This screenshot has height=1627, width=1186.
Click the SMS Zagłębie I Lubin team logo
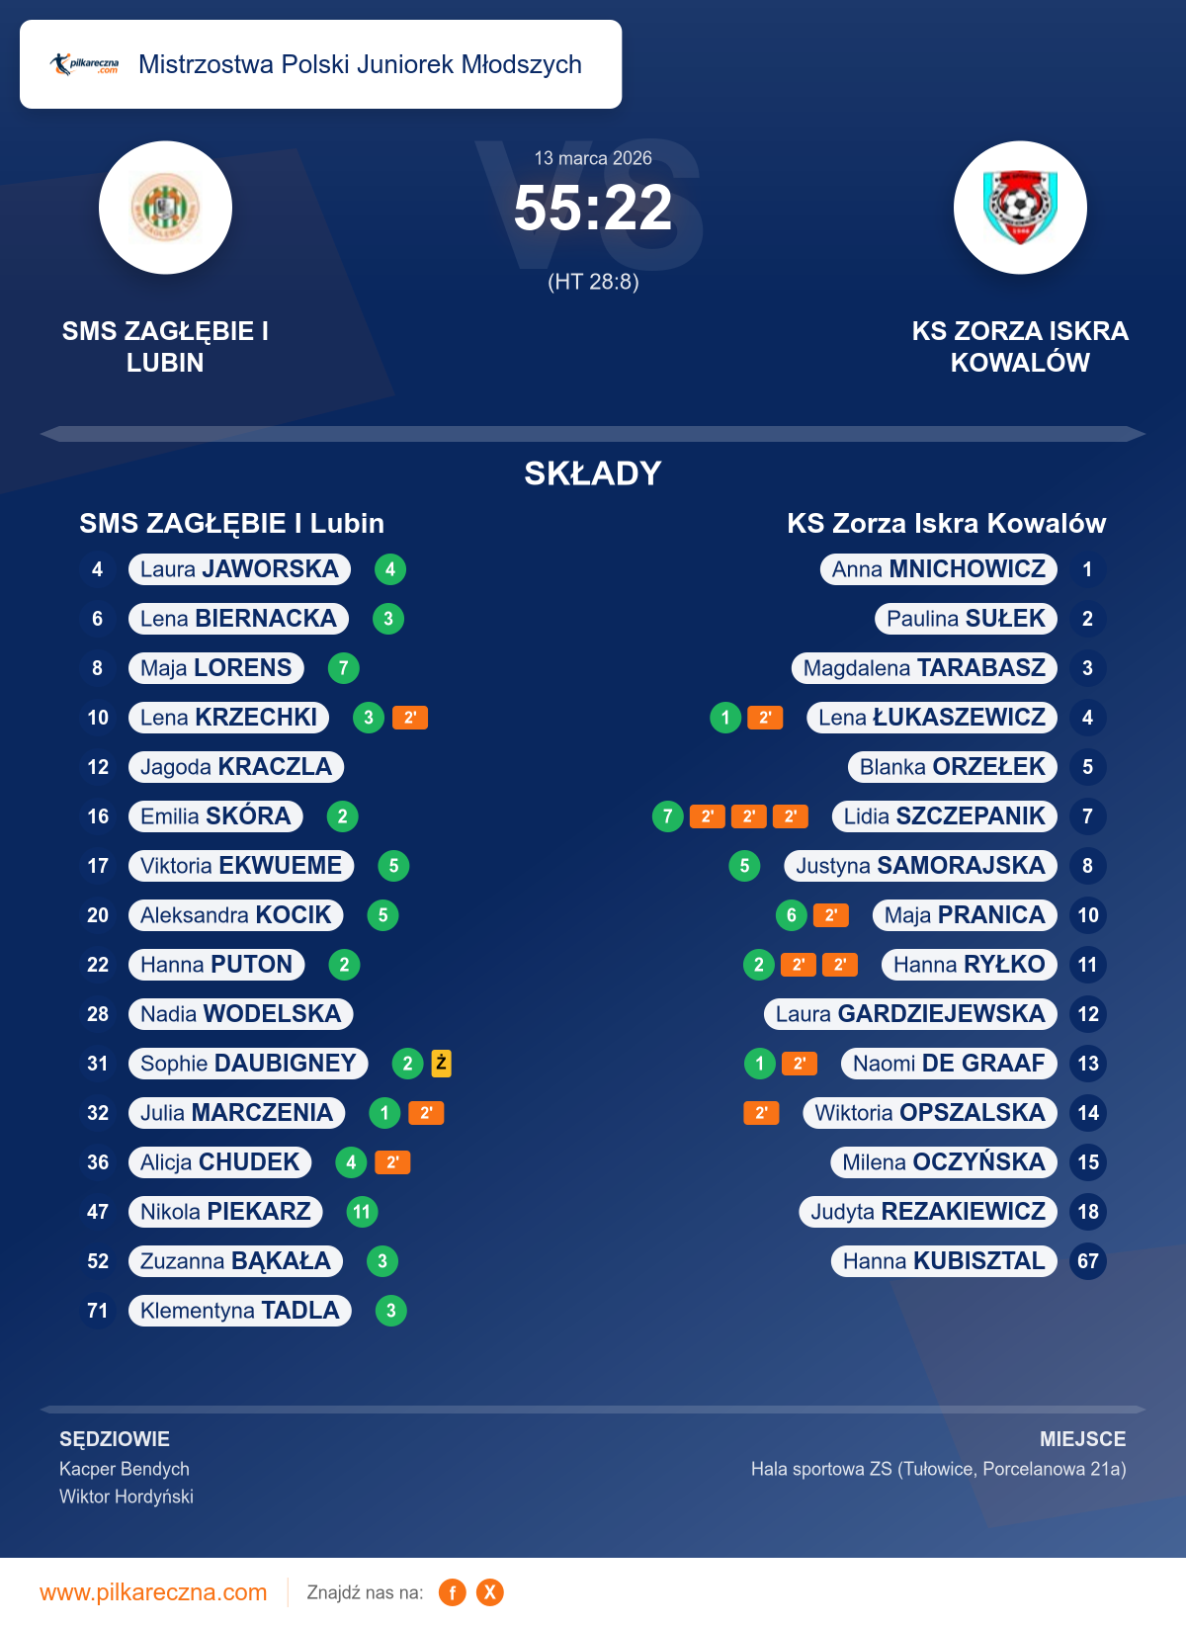(165, 208)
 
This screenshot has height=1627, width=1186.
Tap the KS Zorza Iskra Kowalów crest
(1020, 208)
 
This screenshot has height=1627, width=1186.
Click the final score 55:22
(593, 209)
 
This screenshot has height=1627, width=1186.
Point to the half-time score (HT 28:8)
(593, 282)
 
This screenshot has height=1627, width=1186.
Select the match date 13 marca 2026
(593, 158)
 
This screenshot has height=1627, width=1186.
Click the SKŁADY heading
(593, 473)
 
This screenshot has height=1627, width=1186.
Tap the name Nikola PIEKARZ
(225, 1212)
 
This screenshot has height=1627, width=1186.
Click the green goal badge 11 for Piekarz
(362, 1212)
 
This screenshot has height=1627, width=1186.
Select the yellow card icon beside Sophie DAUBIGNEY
(441, 1064)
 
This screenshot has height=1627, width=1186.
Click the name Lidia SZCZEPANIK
(944, 816)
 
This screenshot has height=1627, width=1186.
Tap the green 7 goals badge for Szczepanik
(668, 816)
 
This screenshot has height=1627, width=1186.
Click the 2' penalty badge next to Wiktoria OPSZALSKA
(761, 1113)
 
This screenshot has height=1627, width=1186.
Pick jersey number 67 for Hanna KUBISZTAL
(1087, 1261)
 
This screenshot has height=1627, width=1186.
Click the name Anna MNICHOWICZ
(938, 569)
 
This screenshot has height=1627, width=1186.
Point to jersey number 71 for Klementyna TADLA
(97, 1311)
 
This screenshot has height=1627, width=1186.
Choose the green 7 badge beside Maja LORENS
(343, 668)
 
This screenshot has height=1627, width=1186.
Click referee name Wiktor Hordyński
(127, 1497)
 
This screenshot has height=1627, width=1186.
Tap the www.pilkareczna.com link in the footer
(153, 1592)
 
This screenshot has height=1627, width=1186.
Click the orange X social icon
(489, 1592)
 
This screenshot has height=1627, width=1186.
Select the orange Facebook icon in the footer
(452, 1592)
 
